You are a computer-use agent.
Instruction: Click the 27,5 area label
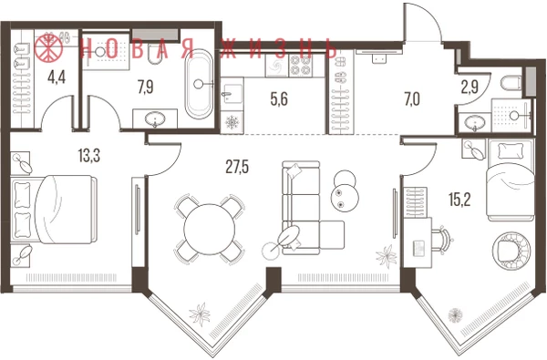tap(237, 167)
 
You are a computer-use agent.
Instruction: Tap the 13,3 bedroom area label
tap(89, 155)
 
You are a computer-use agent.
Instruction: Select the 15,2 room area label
tap(459, 200)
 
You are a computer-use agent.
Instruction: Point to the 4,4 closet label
tap(57, 77)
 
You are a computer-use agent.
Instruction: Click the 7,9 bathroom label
tap(146, 87)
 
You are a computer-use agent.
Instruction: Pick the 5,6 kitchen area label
tap(279, 99)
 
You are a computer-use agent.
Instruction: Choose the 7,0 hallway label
tap(412, 99)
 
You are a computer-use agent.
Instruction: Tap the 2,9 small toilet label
tap(470, 87)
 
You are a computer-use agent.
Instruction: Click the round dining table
tap(210, 229)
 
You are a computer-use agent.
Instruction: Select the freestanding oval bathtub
tap(199, 84)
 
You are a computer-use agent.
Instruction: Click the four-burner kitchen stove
tap(301, 65)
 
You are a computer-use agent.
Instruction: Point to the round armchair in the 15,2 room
tap(511, 251)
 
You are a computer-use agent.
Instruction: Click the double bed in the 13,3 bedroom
tap(54, 209)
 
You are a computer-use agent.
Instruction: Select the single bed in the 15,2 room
tap(511, 180)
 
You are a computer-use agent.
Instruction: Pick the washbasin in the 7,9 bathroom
tap(155, 119)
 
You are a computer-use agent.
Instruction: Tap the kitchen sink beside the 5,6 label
tap(232, 94)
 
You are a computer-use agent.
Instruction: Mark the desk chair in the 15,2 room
tap(442, 240)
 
